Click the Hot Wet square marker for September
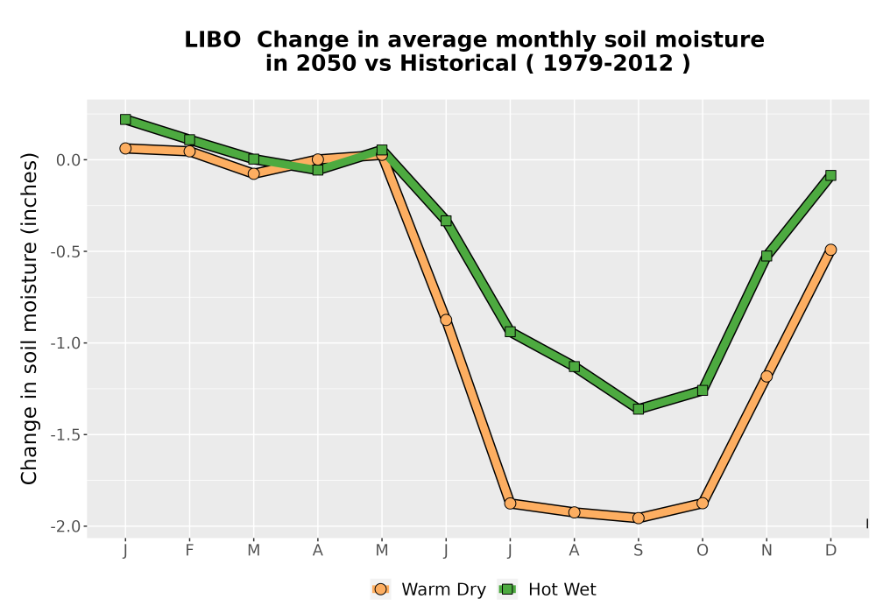point(638,409)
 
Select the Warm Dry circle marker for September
point(638,518)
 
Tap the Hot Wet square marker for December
point(830,175)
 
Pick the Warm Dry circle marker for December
point(830,250)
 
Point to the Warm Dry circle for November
point(766,377)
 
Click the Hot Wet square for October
point(703,391)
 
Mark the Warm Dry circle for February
point(189,151)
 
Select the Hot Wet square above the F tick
point(189,139)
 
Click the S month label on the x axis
point(638,551)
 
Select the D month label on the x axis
point(830,551)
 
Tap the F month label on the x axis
point(189,551)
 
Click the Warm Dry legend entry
point(428,589)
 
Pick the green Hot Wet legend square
point(507,589)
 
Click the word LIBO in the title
point(212,39)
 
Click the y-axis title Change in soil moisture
point(29,318)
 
